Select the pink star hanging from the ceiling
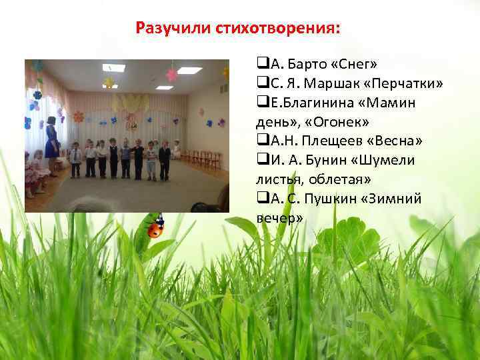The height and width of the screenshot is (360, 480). tap(172, 74)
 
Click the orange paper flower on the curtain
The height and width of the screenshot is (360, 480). tap(79, 117)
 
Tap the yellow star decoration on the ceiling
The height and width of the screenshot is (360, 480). tap(108, 82)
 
